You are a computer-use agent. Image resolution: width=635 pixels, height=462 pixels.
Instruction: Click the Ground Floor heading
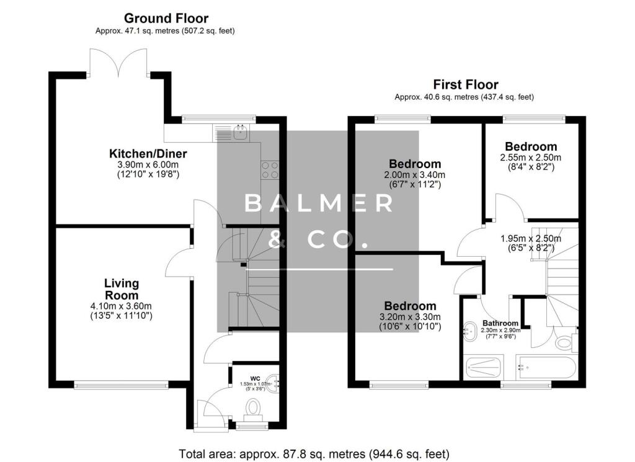click(x=166, y=19)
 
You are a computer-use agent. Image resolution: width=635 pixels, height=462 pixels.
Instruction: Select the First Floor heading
click(x=465, y=85)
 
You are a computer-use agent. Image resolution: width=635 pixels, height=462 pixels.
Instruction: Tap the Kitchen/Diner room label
click(x=148, y=154)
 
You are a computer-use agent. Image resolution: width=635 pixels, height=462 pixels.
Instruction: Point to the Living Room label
click(x=121, y=289)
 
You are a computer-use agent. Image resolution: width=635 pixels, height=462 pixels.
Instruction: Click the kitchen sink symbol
click(x=239, y=130)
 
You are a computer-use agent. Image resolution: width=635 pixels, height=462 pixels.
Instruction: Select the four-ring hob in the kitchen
click(x=270, y=169)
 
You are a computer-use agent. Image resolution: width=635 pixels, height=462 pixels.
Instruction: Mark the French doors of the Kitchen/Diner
click(x=118, y=62)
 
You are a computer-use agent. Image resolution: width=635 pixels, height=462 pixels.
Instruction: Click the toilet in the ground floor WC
click(x=253, y=408)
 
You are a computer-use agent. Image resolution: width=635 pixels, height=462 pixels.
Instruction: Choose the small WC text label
click(x=255, y=378)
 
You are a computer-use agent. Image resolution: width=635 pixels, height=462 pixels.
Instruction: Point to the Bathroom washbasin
click(x=470, y=329)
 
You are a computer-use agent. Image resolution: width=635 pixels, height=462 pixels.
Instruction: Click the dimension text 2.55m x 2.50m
click(x=530, y=158)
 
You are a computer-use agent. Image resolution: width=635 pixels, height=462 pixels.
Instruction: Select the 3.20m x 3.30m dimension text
click(x=410, y=317)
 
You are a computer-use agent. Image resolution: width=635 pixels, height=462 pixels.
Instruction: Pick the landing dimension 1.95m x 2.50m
click(x=530, y=239)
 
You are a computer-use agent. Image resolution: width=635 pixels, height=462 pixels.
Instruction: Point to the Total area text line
click(x=314, y=454)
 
